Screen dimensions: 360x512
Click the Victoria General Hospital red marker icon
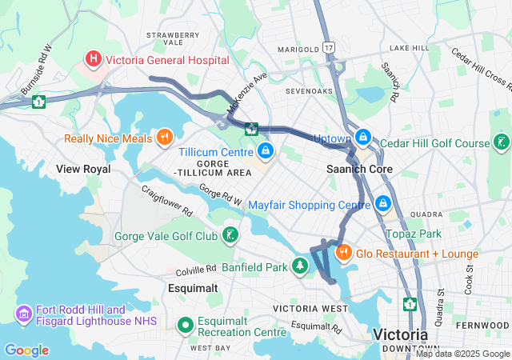(x=94, y=59)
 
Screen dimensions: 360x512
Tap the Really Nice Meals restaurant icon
(x=165, y=138)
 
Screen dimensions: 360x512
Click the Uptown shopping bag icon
(x=364, y=138)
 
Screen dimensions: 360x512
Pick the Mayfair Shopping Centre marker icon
(x=383, y=204)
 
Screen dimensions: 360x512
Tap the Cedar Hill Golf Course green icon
(x=502, y=143)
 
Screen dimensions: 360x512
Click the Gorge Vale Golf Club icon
(x=230, y=235)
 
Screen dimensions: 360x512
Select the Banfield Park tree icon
(x=300, y=266)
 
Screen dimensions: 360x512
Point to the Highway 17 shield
(x=328, y=49)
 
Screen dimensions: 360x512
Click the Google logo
(x=26, y=350)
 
